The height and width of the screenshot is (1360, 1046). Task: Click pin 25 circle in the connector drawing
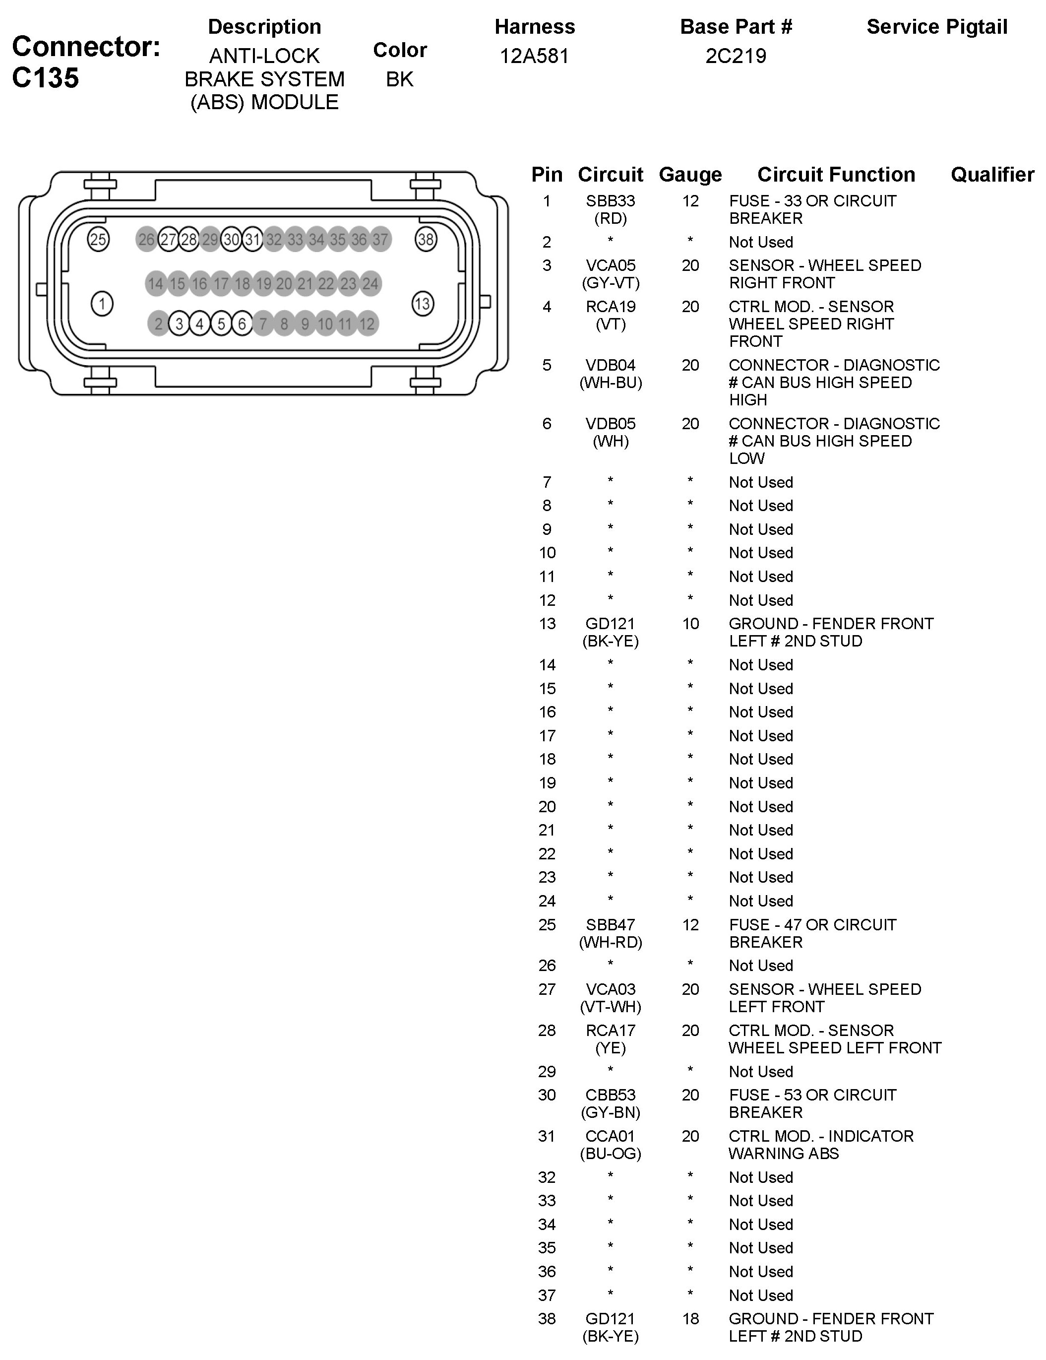coord(98,240)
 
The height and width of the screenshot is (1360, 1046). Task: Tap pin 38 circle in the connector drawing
coord(426,240)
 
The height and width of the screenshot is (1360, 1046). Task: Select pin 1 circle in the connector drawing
coord(102,304)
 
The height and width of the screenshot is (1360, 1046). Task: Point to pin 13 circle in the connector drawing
coord(423,304)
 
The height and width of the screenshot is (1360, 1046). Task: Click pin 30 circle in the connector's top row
coord(231,240)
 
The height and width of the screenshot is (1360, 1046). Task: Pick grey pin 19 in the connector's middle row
coord(263,284)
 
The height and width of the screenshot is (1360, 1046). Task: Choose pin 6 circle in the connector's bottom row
coord(242,324)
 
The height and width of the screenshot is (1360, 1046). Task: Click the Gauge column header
coord(690,175)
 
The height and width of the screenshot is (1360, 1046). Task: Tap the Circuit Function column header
coord(836,175)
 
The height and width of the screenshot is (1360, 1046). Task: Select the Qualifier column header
coord(992,175)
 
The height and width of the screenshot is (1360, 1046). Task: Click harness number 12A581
coord(534,56)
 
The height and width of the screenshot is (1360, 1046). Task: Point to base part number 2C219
coord(736,56)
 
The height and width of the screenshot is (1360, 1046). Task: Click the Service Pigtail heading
coord(936,27)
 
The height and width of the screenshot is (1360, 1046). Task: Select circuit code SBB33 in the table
coord(610,201)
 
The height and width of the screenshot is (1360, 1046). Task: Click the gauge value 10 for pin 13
coord(690,624)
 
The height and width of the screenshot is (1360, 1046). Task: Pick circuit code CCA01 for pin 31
coord(610,1136)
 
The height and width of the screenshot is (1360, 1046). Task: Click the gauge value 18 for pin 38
coord(690,1319)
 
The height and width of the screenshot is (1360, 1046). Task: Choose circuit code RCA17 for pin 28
coord(610,1031)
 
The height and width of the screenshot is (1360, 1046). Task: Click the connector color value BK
coord(400,79)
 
